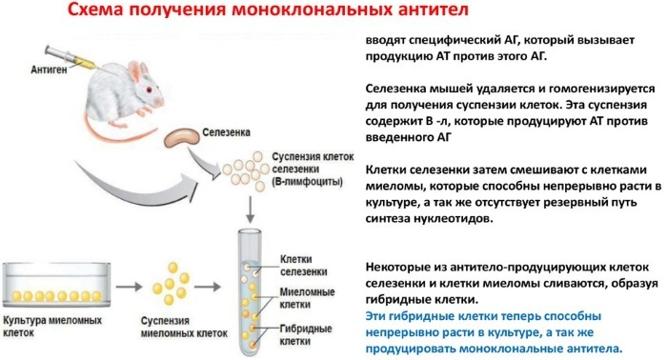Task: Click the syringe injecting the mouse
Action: (x=71, y=58)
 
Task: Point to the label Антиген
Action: (x=49, y=70)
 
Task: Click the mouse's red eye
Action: (x=149, y=90)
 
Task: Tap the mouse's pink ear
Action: (x=136, y=72)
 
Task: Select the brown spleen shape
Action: (x=182, y=137)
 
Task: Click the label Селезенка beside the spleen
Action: (x=227, y=132)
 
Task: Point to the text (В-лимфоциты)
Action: (x=307, y=182)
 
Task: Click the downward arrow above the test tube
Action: (x=250, y=210)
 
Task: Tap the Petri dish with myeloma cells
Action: (x=56, y=285)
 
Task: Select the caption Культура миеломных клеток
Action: (x=52, y=326)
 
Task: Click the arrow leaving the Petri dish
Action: (x=129, y=287)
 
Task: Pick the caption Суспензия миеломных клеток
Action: (x=184, y=327)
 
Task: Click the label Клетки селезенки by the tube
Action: (x=303, y=265)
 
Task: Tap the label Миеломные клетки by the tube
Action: (x=307, y=298)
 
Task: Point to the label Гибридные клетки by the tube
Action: (x=306, y=335)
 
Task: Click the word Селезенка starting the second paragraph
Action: (x=396, y=89)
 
